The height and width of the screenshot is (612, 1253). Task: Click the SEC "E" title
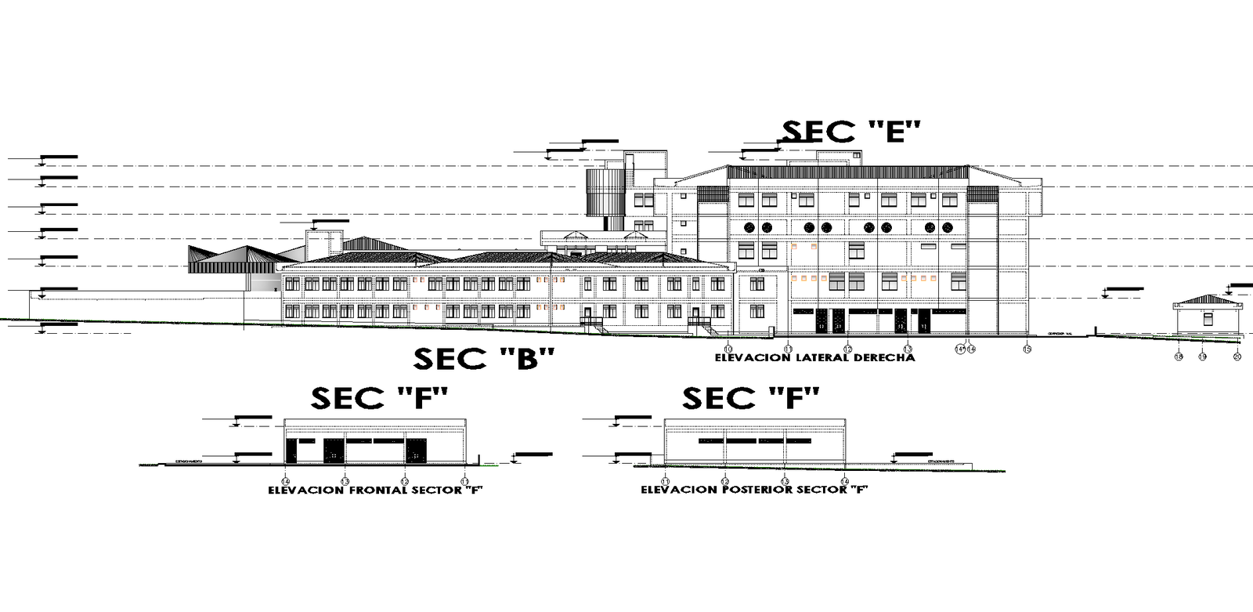click(852, 132)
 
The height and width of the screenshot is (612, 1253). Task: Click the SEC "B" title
click(484, 359)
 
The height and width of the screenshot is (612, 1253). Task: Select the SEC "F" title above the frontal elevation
click(380, 398)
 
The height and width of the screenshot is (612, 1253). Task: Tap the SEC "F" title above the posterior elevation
click(751, 398)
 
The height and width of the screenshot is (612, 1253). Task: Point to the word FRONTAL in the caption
click(379, 491)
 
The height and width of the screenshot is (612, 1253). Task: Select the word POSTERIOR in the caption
click(755, 490)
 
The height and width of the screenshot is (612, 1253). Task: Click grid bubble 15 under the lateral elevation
click(1027, 349)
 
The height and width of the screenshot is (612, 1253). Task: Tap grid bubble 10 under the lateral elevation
click(728, 349)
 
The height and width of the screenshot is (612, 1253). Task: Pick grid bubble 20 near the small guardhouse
click(1237, 357)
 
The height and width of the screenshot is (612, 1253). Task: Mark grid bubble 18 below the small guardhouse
click(1178, 357)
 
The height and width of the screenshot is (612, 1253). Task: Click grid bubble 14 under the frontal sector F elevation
click(285, 481)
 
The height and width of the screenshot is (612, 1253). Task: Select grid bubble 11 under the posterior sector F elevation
click(665, 481)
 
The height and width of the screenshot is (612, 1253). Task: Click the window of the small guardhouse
click(1208, 319)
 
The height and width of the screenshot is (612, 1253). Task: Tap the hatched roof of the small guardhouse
click(1206, 299)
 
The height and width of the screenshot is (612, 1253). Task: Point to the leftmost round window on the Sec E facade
click(749, 227)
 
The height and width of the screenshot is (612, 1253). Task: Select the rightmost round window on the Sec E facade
click(946, 227)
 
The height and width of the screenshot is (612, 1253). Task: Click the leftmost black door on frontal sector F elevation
click(291, 451)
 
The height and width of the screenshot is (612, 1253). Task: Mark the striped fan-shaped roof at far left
click(215, 259)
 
